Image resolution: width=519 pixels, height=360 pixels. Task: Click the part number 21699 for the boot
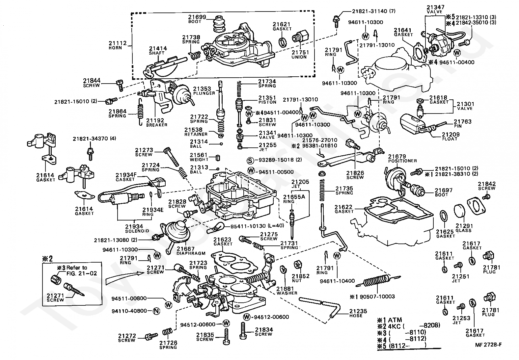197,17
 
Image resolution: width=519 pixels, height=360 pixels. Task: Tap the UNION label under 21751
299,57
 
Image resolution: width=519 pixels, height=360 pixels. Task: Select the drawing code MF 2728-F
488,345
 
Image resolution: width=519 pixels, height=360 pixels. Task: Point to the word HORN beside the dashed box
115,48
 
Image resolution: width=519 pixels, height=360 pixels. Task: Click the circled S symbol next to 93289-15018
251,161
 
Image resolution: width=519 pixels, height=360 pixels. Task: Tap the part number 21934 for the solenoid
134,226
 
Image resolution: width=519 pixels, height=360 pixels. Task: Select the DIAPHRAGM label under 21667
191,253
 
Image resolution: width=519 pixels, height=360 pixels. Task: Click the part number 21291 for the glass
464,226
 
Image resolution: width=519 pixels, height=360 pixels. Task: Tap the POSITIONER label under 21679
402,161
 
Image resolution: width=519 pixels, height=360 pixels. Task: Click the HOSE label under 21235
356,316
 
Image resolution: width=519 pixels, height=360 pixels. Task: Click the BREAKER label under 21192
156,125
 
